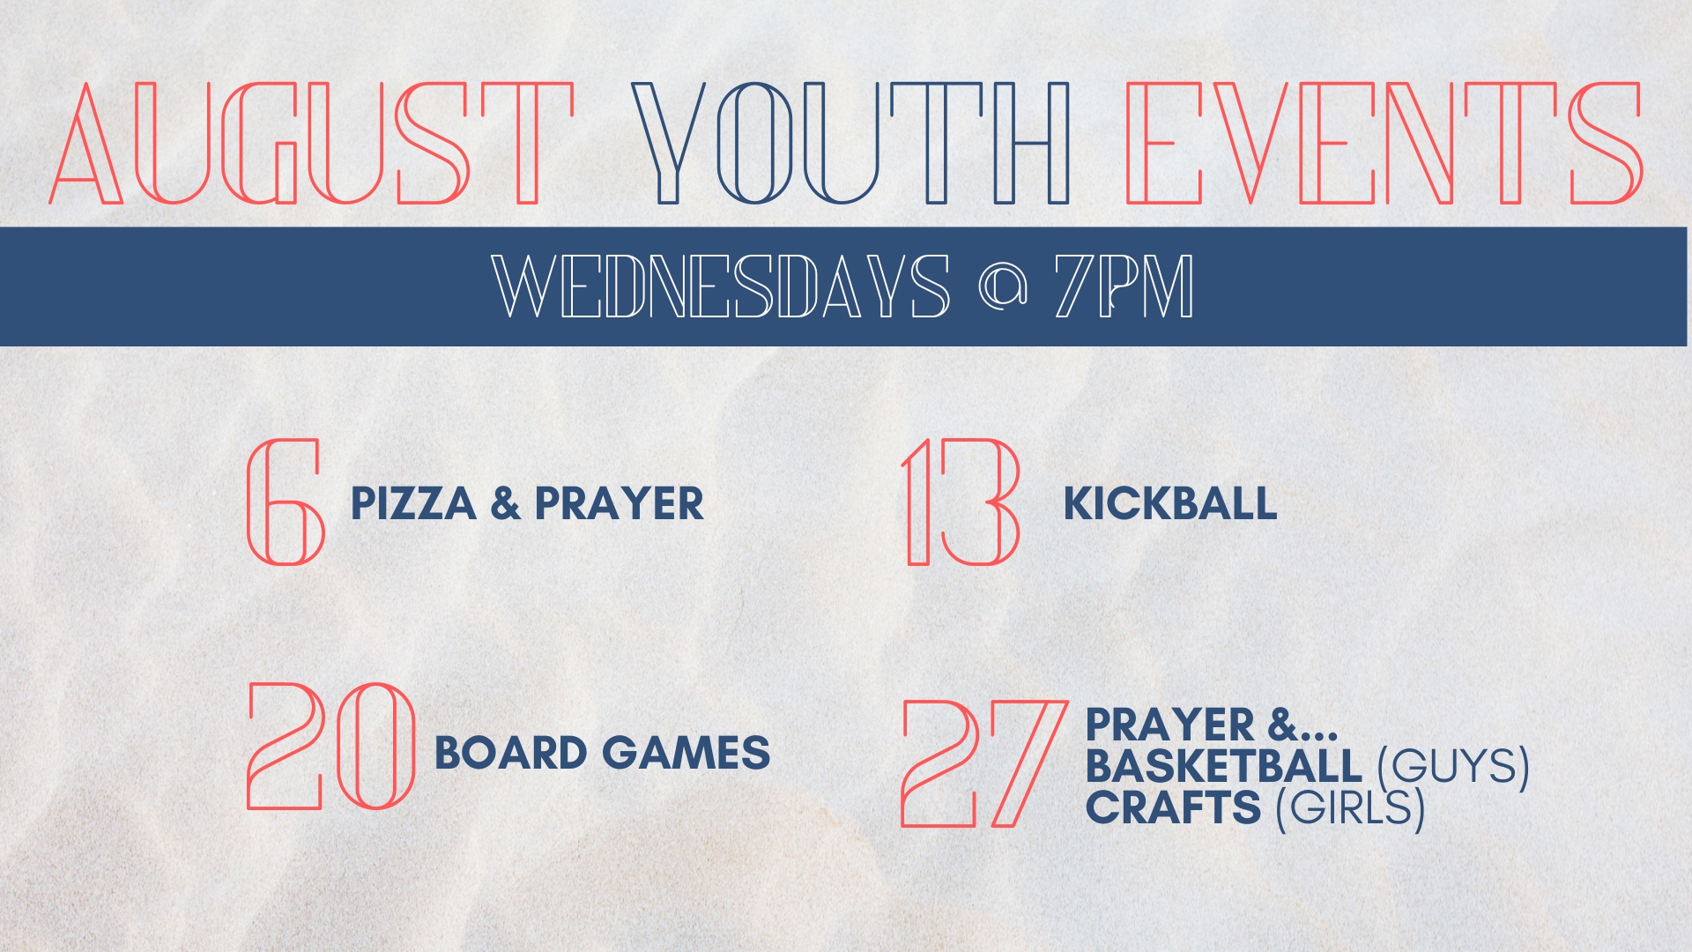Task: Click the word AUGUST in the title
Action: [311, 143]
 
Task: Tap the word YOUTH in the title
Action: [851, 143]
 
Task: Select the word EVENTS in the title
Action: [1384, 143]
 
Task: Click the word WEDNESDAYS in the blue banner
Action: [721, 286]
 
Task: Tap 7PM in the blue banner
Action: [1124, 286]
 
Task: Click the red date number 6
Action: [286, 502]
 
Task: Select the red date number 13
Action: [961, 502]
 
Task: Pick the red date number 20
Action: [331, 746]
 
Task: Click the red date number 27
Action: [984, 763]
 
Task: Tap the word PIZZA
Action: [413, 503]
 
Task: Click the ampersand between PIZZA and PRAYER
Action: [505, 503]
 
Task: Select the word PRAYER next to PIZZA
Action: [619, 503]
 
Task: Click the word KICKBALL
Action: [1170, 503]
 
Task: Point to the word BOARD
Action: [511, 753]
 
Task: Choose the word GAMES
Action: [686, 753]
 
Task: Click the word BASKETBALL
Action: [1224, 766]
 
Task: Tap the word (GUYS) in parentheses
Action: [1452, 767]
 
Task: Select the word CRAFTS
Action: [1173, 807]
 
